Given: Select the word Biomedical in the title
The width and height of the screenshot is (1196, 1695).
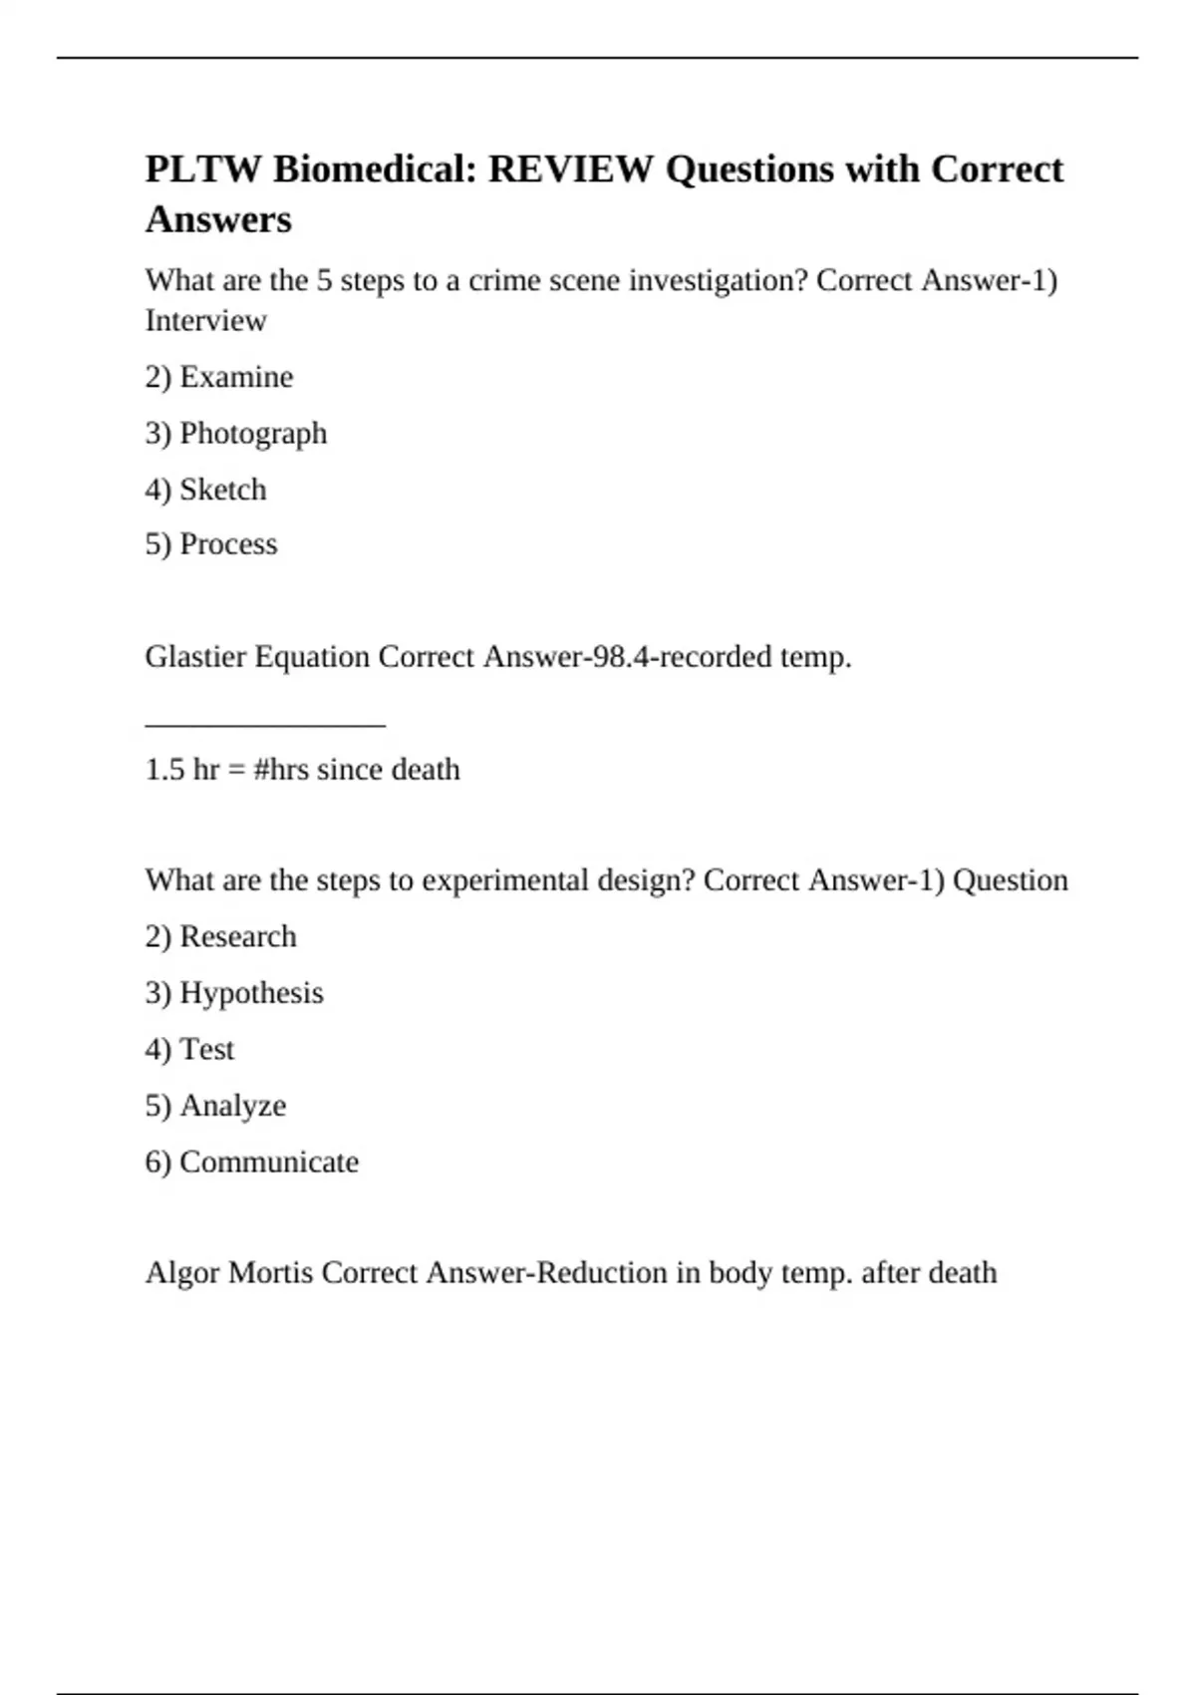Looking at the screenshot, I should tap(374, 169).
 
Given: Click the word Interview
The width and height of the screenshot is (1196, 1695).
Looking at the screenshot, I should tap(205, 321).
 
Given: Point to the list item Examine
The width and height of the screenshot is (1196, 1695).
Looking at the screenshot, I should tap(236, 377).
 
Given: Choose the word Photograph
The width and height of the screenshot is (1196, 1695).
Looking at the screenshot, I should tap(253, 434).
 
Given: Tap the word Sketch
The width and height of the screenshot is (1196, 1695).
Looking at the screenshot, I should tap(223, 490).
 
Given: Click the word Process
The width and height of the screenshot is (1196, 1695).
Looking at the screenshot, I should tap(228, 544).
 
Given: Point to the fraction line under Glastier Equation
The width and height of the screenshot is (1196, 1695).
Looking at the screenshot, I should tap(265, 725).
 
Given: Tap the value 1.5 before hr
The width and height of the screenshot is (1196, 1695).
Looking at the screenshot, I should tap(165, 770).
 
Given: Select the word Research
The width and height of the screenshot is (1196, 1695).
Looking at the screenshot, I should tap(238, 937).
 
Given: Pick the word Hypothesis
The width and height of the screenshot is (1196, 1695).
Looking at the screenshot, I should tap(251, 994).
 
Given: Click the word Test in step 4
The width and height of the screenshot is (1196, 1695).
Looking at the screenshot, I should tap(207, 1050).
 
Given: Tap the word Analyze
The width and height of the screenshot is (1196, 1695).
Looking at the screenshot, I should tap(233, 1106).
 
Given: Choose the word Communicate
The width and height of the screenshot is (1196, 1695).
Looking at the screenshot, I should tap(269, 1163).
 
